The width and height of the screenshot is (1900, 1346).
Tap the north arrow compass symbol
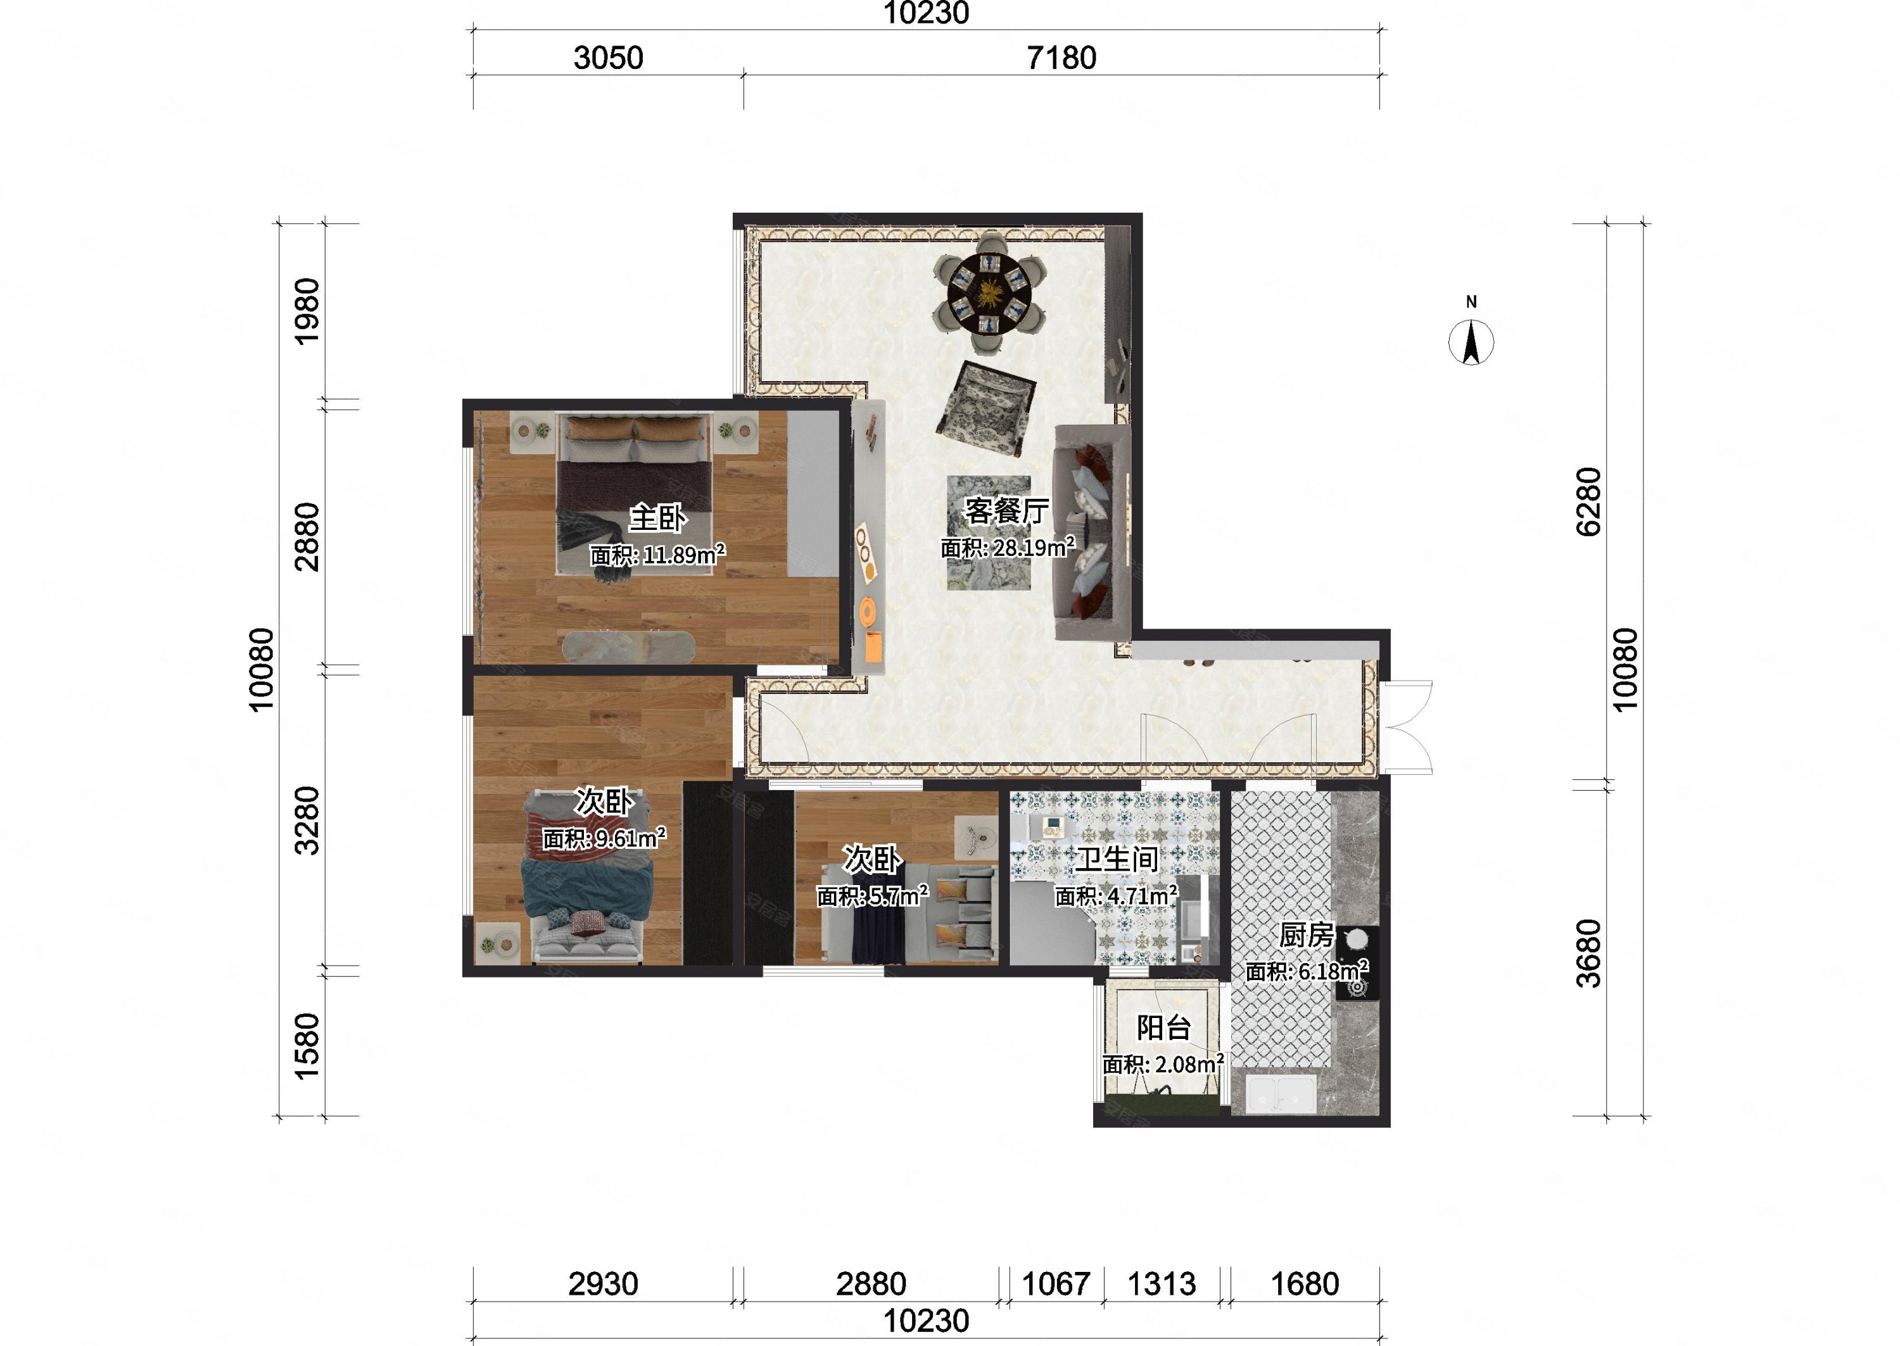coord(1471,341)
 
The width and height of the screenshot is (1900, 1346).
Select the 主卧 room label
coord(657,518)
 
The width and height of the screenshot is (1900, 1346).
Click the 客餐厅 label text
coord(1006,510)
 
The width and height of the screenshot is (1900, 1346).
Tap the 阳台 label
coord(1164,1028)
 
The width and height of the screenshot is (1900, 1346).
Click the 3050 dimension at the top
coord(609,58)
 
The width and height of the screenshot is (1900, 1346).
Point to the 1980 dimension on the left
coord(307,311)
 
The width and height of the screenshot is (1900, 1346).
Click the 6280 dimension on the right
coord(1588,501)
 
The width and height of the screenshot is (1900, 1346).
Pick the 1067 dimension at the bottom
coord(1055,1284)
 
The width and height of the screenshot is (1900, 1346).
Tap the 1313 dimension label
coord(1162,1284)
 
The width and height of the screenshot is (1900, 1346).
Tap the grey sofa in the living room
coord(1092,532)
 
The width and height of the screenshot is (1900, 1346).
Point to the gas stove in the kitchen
coord(1357,963)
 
